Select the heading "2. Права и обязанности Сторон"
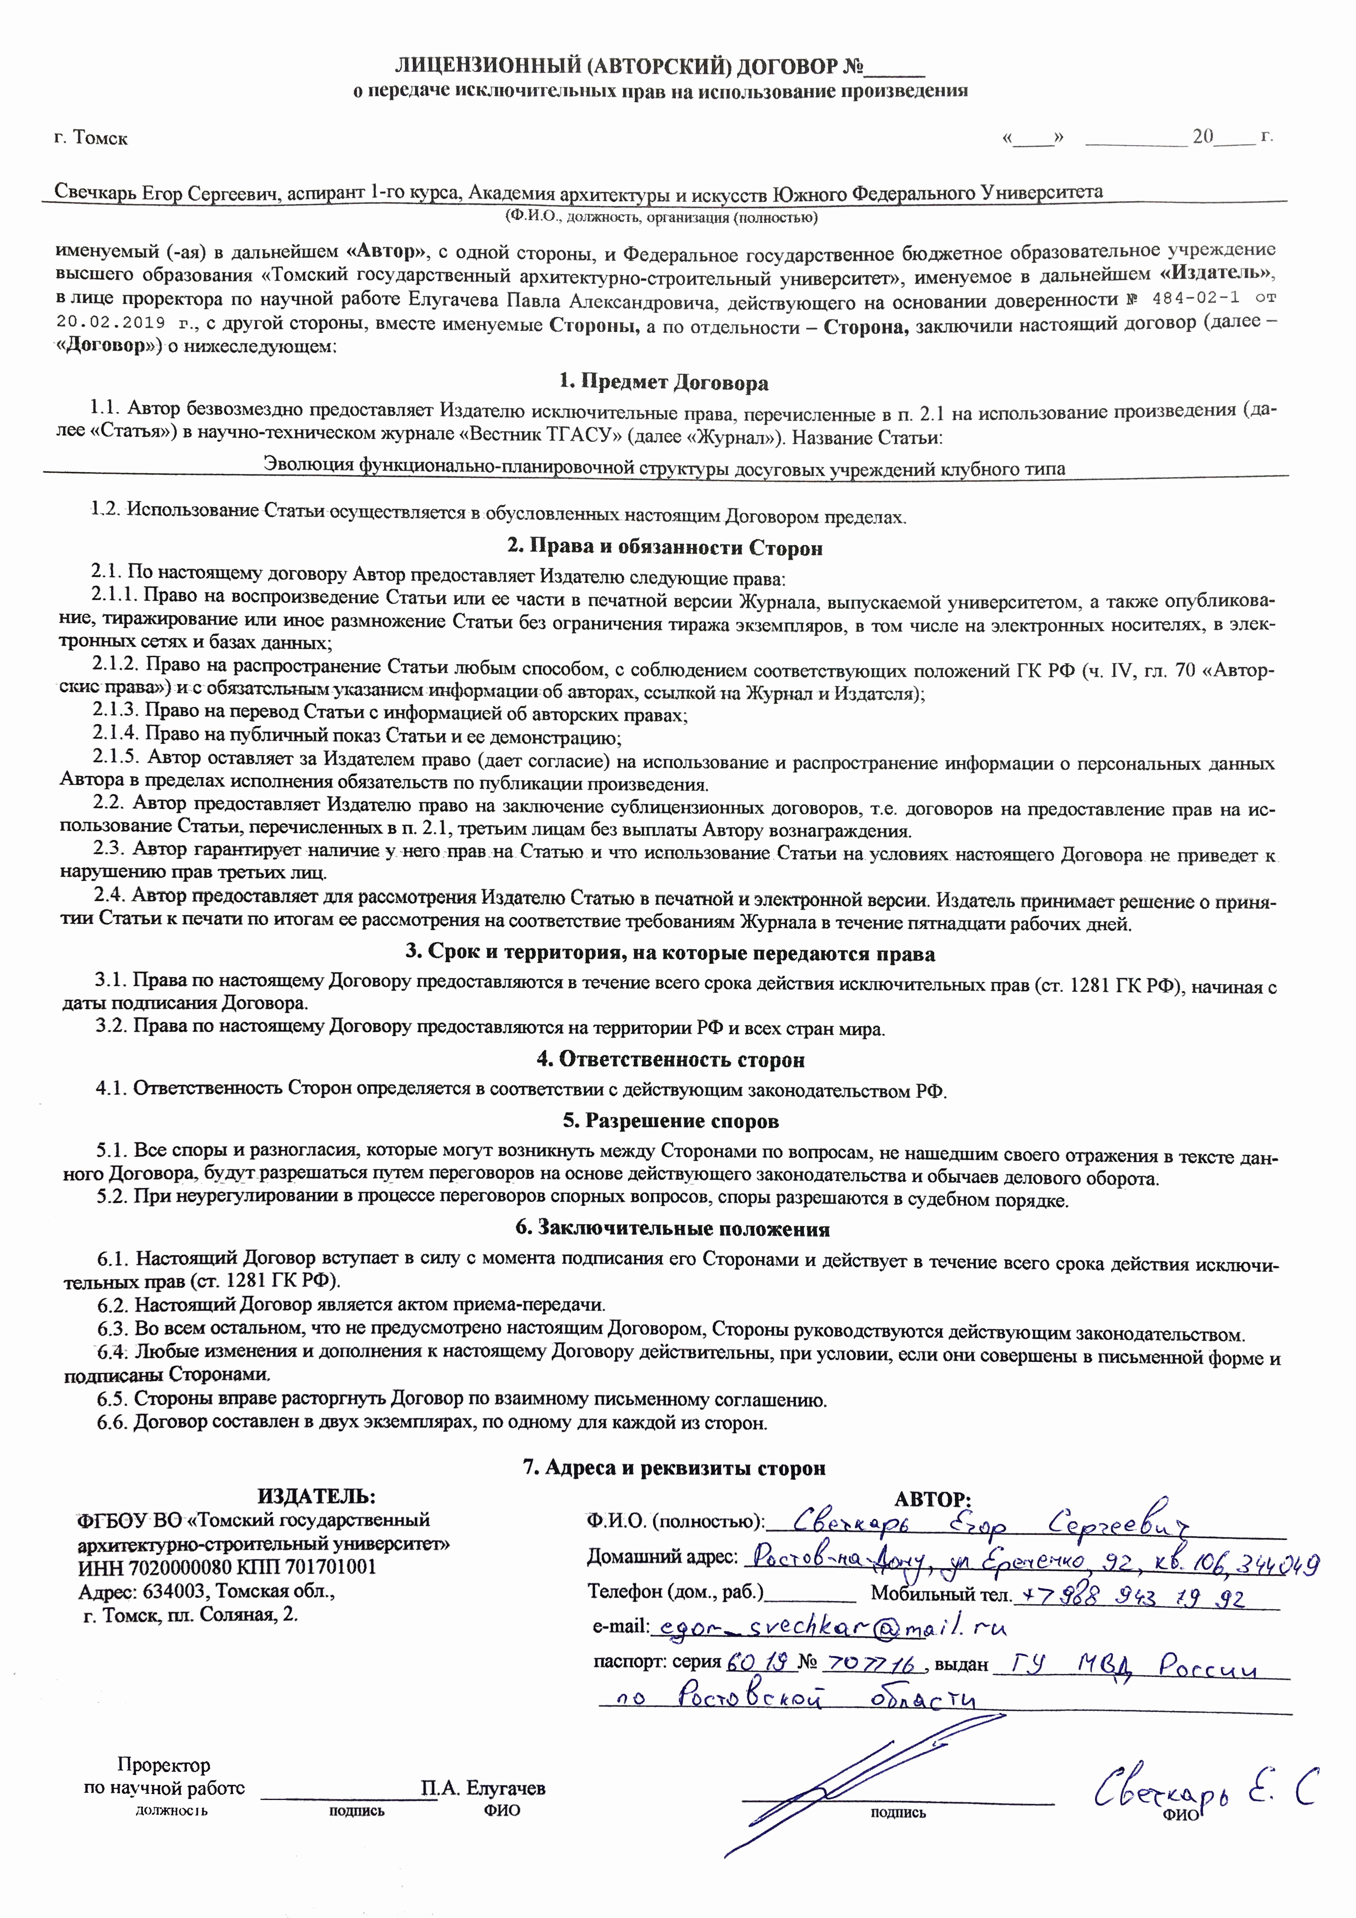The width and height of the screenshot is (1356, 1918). point(665,548)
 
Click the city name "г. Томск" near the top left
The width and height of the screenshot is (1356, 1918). point(91,138)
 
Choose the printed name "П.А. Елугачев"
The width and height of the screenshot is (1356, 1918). point(483,1788)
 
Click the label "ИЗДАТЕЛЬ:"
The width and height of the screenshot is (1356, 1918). point(316,1496)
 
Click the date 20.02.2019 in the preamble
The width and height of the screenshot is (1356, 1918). point(110,322)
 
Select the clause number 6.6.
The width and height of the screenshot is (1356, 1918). point(113,1423)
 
